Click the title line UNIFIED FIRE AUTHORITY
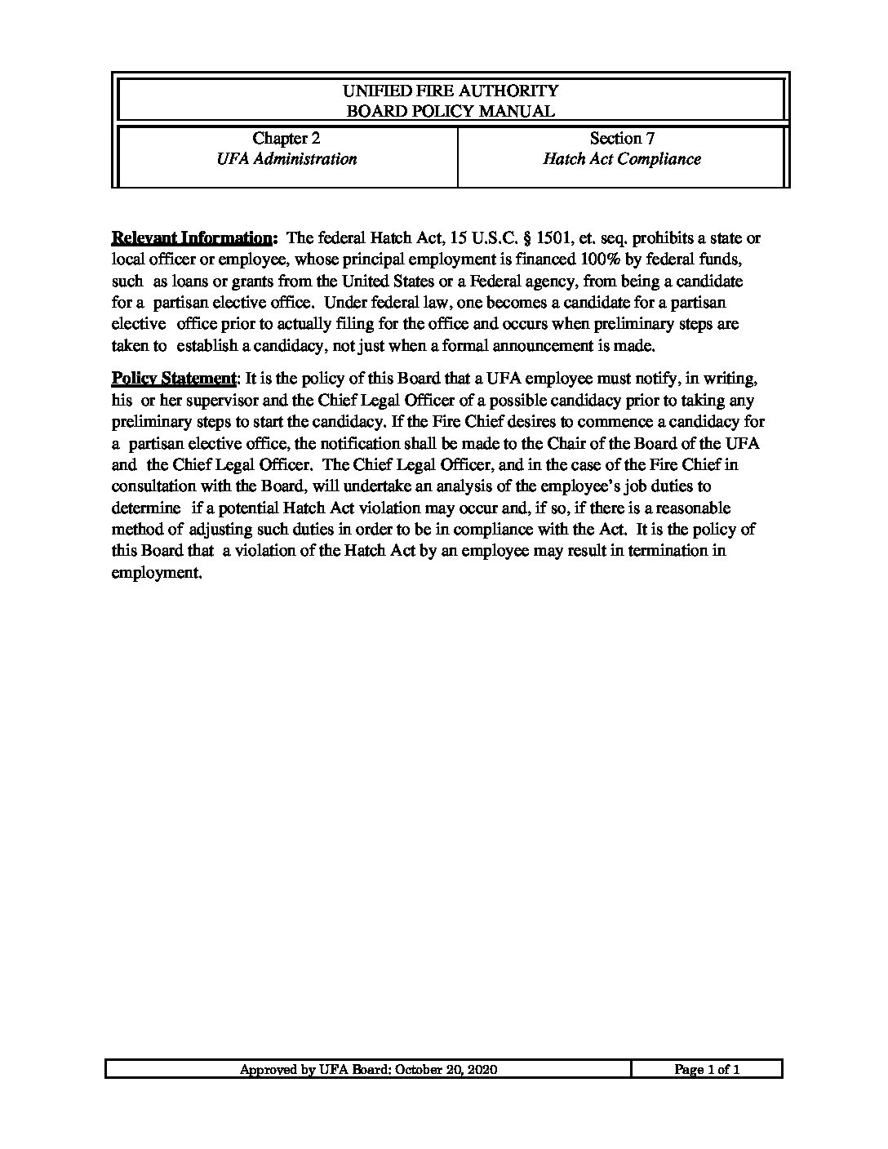tap(451, 91)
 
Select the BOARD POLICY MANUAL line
tap(451, 112)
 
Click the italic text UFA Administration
tap(286, 159)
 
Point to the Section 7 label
tap(622, 139)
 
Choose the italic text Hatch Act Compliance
tap(622, 159)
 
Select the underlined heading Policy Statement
tap(172, 379)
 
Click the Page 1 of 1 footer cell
tap(707, 1070)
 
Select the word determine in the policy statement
tap(145, 508)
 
